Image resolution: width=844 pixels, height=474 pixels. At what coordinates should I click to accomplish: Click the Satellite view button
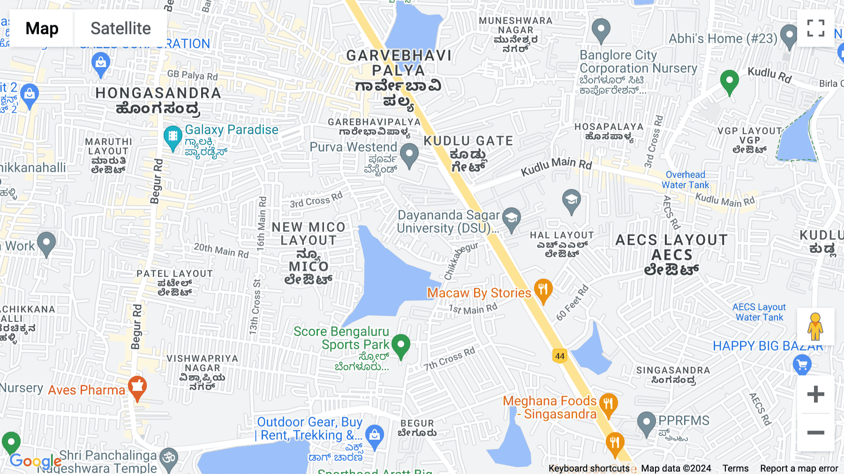[121, 28]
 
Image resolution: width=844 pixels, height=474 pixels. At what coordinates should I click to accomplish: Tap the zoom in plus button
[815, 394]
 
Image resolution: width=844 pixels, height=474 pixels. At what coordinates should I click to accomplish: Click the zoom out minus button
[815, 433]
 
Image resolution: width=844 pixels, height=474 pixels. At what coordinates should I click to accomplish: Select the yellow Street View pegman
[815, 327]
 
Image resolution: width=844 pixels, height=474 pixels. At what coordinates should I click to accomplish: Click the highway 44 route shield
[560, 356]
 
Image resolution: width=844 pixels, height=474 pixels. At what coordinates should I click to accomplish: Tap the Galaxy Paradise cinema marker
[173, 137]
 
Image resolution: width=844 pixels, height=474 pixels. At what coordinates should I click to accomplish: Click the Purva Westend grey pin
[409, 155]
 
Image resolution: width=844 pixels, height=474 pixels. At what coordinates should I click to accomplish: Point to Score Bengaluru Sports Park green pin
[401, 346]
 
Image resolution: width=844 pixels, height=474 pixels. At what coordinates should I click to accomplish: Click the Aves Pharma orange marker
[137, 388]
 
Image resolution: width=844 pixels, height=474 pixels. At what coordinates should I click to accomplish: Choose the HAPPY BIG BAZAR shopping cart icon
[802, 365]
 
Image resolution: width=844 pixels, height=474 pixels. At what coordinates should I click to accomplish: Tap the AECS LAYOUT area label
[671, 241]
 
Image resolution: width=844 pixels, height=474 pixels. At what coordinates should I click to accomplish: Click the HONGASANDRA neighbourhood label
[158, 93]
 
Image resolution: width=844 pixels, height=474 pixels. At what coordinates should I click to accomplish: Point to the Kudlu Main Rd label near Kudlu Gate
[556, 166]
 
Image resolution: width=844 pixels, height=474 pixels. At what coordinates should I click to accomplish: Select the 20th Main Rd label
[221, 250]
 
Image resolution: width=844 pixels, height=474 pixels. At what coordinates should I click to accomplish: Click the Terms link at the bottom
[735, 468]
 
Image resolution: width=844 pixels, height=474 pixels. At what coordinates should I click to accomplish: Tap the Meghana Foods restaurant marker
[608, 405]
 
